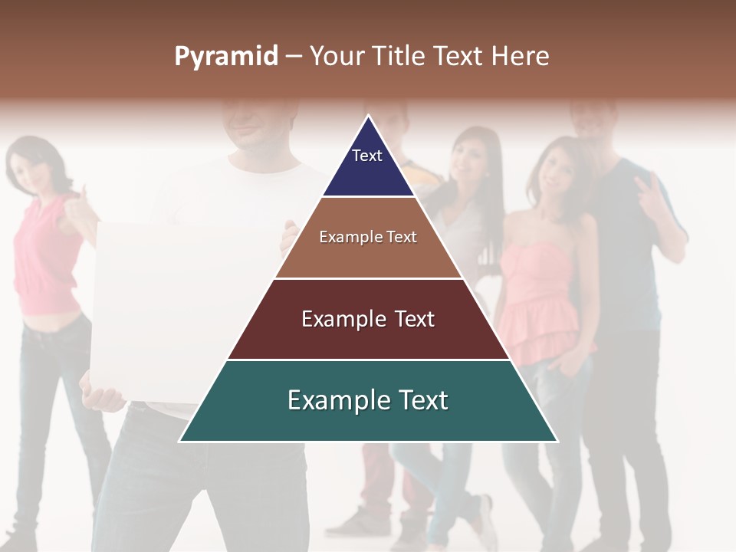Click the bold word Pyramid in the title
click(x=225, y=57)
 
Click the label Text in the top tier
click(x=367, y=156)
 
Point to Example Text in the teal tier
click(x=368, y=400)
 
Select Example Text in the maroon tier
click(x=368, y=319)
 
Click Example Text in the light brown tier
click(x=368, y=237)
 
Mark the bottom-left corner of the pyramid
click(x=180, y=441)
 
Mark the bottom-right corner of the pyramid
click(x=557, y=441)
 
